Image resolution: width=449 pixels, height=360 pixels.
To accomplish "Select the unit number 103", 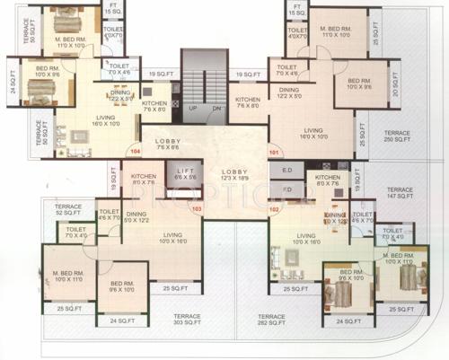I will click(x=198, y=209).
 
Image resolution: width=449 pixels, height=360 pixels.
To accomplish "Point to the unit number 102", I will click(x=274, y=209).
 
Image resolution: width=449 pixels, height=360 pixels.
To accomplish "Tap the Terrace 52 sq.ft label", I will click(x=68, y=208).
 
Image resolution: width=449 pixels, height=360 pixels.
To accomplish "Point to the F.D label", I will click(x=287, y=189).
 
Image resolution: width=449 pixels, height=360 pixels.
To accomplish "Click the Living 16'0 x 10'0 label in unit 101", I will click(x=313, y=133).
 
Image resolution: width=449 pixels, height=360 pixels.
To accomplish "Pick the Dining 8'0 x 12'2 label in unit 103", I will click(x=136, y=216).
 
